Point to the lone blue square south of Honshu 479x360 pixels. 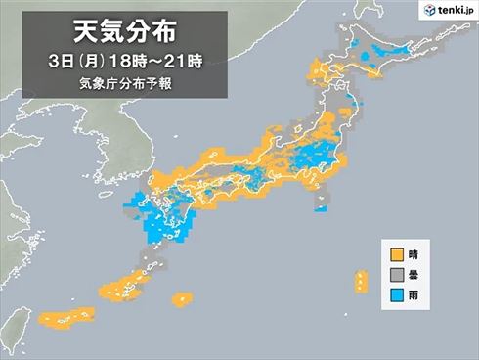321,207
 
